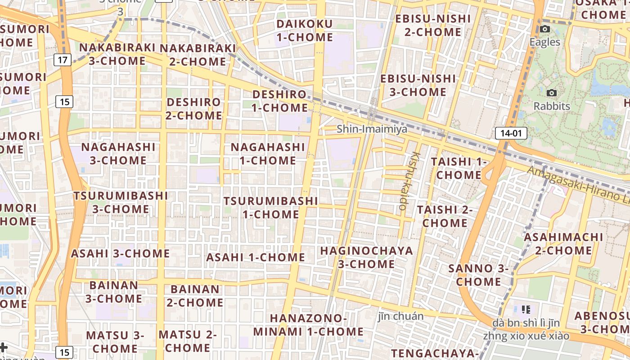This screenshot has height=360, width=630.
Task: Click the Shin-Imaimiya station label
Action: [x=372, y=129]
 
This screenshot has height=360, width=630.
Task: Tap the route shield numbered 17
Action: [x=63, y=59]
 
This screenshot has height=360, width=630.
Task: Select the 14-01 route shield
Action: [x=511, y=133]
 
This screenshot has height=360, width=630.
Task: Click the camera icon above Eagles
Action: [x=545, y=29]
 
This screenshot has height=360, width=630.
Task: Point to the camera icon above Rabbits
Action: [x=552, y=93]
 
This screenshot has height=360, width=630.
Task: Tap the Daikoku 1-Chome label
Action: [x=305, y=31]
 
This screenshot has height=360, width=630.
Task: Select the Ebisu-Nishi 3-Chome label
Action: [x=418, y=85]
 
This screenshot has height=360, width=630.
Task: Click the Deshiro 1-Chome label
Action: [x=279, y=101]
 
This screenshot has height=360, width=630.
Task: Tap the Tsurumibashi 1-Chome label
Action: [x=271, y=207]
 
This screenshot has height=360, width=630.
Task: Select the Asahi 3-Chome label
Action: [x=120, y=253]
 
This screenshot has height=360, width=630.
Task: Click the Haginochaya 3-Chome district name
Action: [x=366, y=257]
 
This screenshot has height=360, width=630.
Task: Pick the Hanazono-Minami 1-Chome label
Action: [x=308, y=325]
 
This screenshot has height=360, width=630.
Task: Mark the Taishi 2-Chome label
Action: [x=445, y=216]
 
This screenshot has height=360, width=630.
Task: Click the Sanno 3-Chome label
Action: [x=479, y=275]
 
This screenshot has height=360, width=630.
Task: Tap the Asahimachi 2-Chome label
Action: [x=563, y=243]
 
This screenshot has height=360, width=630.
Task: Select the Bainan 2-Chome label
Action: [x=195, y=296]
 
